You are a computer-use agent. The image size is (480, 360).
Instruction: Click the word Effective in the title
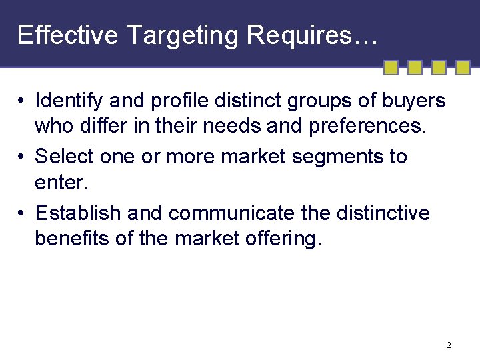(x=67, y=35)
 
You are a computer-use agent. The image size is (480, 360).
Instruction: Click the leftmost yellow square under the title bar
(x=391, y=67)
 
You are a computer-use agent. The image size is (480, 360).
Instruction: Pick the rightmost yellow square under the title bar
(x=463, y=67)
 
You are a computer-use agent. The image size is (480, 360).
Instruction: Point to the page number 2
(x=449, y=345)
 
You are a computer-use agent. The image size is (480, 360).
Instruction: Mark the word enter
(x=59, y=181)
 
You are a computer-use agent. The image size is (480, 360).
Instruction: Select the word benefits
(x=71, y=237)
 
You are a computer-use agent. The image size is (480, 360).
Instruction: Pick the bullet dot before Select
(x=22, y=157)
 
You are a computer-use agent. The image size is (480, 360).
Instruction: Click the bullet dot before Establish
(x=22, y=213)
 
